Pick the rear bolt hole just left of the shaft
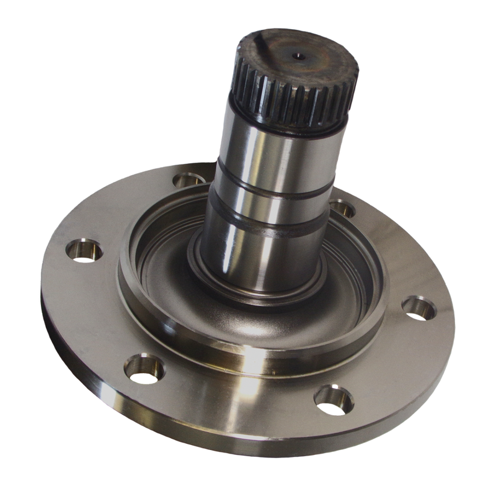[x=186, y=181]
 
